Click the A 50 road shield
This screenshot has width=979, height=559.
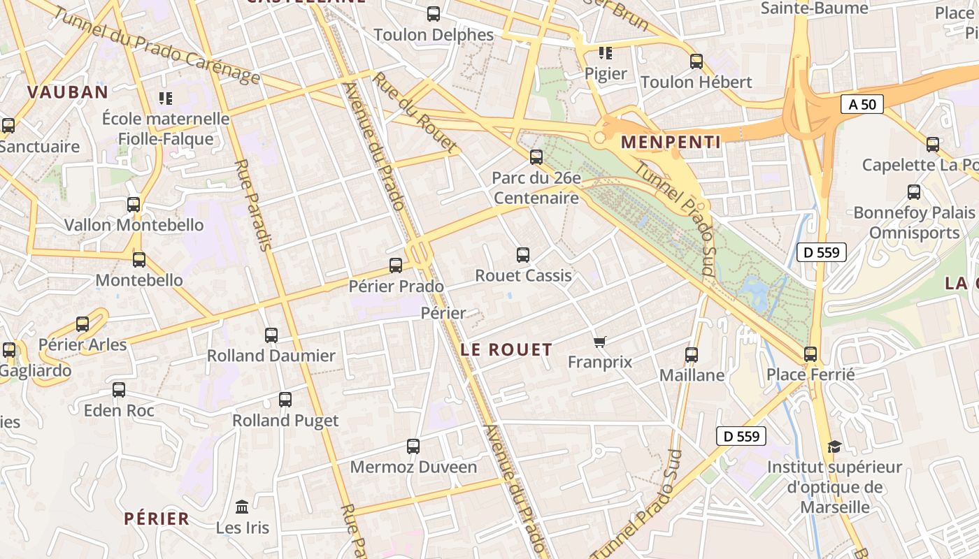coord(862,105)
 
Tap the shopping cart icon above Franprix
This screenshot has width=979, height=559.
coord(599,342)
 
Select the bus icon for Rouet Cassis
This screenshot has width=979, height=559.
coord(523,255)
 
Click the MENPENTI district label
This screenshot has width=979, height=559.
coord(671,143)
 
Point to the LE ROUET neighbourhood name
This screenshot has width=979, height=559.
coord(507,350)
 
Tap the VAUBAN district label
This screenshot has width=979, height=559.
coord(68,92)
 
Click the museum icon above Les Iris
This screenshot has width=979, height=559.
coord(242,507)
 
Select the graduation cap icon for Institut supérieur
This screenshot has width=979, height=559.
coord(834,447)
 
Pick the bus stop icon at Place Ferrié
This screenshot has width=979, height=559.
coord(810,354)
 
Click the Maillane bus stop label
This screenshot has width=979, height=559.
coord(692,375)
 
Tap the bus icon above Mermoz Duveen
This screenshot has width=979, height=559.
coord(413,447)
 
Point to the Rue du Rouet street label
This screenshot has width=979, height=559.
coord(415,112)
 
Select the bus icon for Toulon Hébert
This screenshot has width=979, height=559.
coord(696,61)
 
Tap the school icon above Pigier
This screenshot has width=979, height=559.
coord(606,53)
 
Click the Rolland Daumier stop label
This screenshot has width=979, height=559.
coord(271,356)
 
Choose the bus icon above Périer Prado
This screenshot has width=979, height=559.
coord(396,266)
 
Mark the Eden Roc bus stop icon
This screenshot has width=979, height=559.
coord(119,390)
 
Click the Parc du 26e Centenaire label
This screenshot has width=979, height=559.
coord(536,188)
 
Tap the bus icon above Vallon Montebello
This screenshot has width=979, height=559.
coord(134,205)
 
